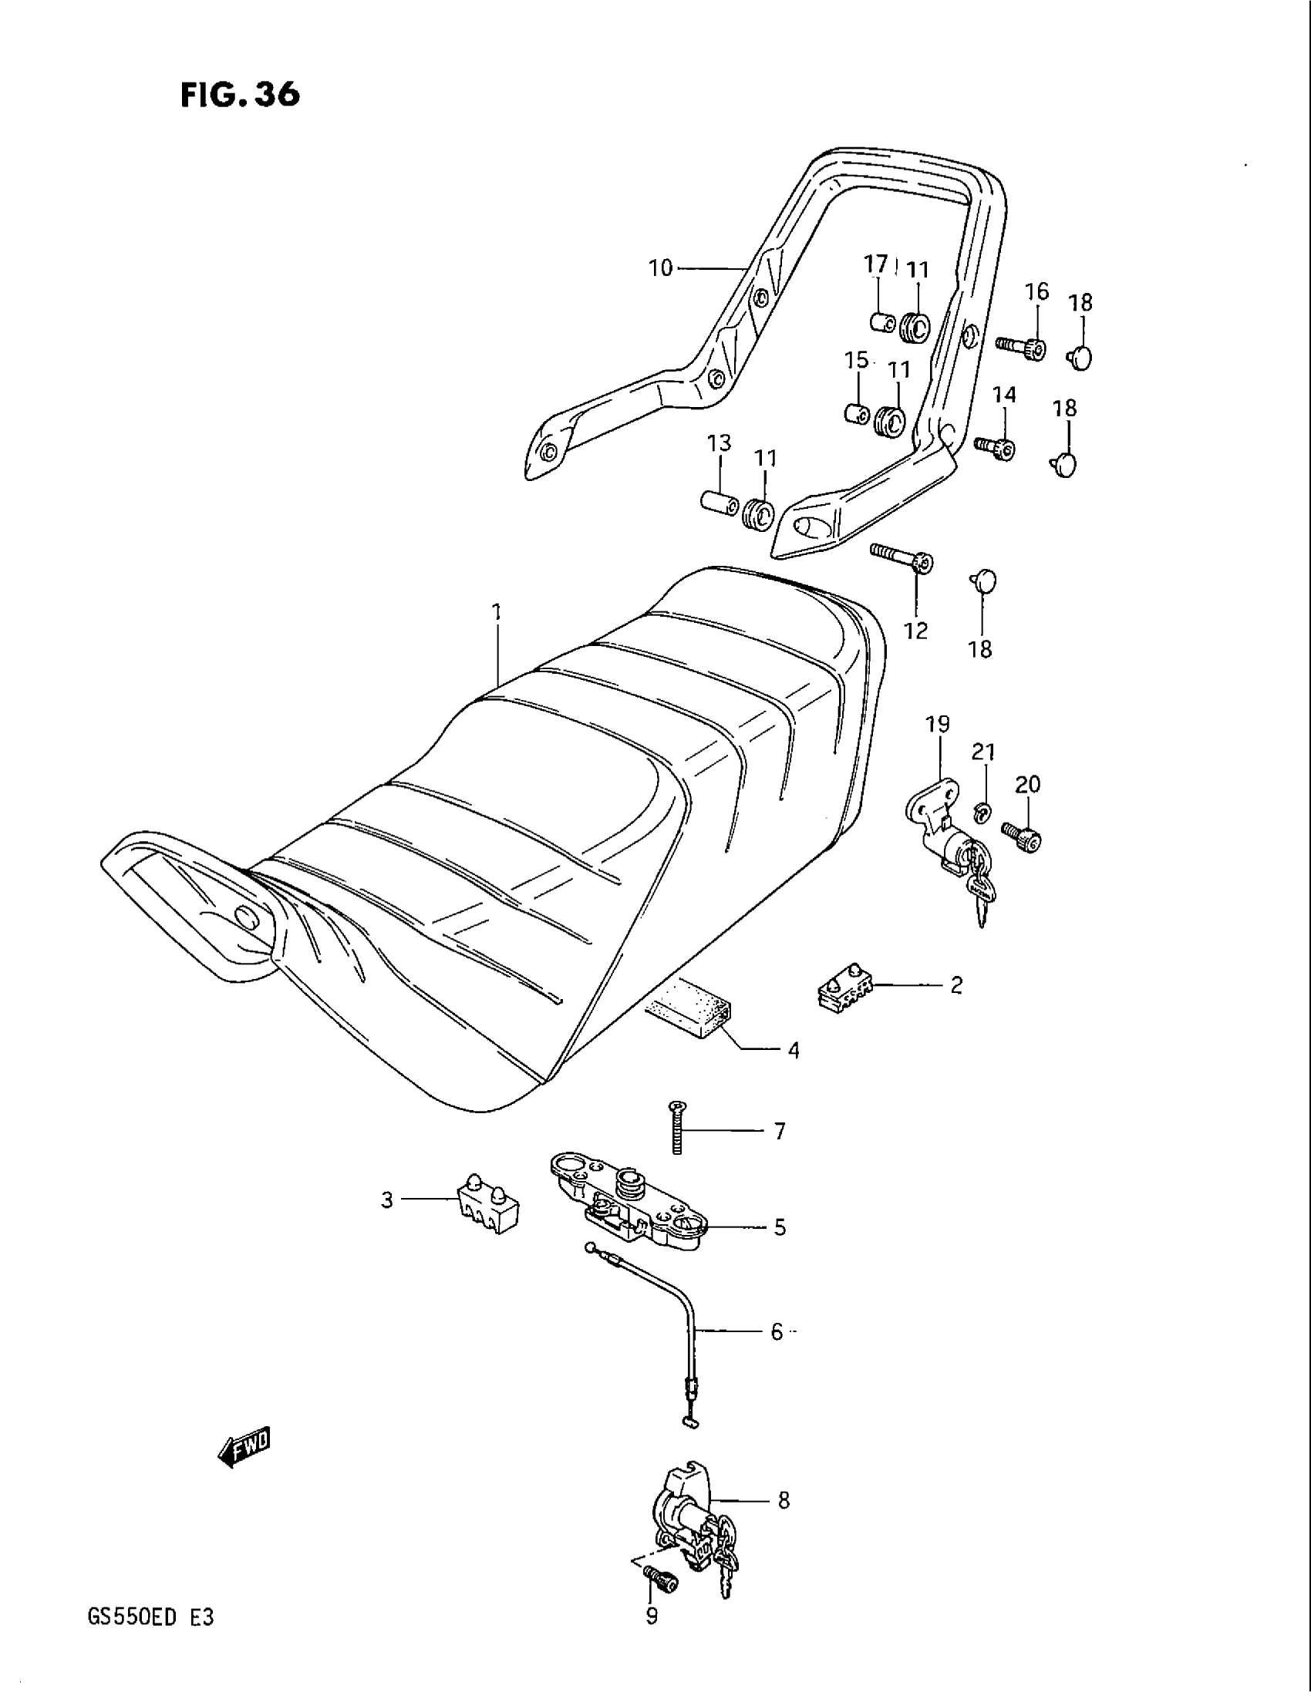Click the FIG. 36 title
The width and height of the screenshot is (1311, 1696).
click(239, 95)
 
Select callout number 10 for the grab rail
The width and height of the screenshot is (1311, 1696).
click(660, 269)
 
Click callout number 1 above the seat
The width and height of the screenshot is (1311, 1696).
click(497, 612)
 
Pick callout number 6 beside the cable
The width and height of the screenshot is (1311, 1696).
click(777, 1333)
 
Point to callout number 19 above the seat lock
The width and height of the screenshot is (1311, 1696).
click(938, 725)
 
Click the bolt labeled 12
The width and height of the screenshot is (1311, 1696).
click(902, 557)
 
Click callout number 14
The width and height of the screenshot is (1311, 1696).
click(1004, 395)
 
